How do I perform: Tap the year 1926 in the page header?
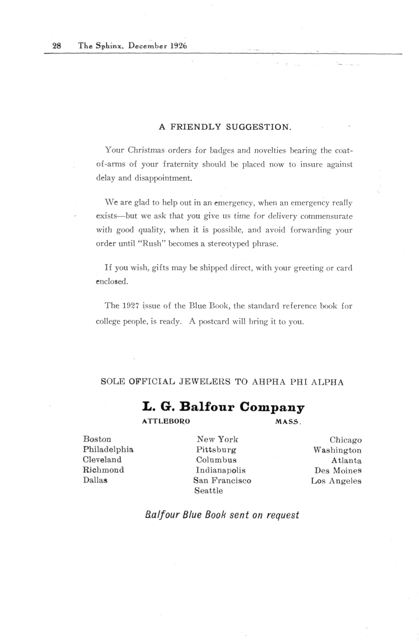(178, 46)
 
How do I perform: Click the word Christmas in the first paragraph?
(146, 150)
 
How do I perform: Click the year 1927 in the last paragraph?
(130, 306)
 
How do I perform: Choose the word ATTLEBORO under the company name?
(166, 422)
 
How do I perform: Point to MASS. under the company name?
(288, 422)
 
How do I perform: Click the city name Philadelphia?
(108, 449)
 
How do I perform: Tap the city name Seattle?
(209, 491)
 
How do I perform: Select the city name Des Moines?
(338, 471)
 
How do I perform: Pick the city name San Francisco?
(222, 480)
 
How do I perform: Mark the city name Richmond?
(103, 470)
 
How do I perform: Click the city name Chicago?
(346, 440)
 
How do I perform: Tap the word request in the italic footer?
(283, 515)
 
